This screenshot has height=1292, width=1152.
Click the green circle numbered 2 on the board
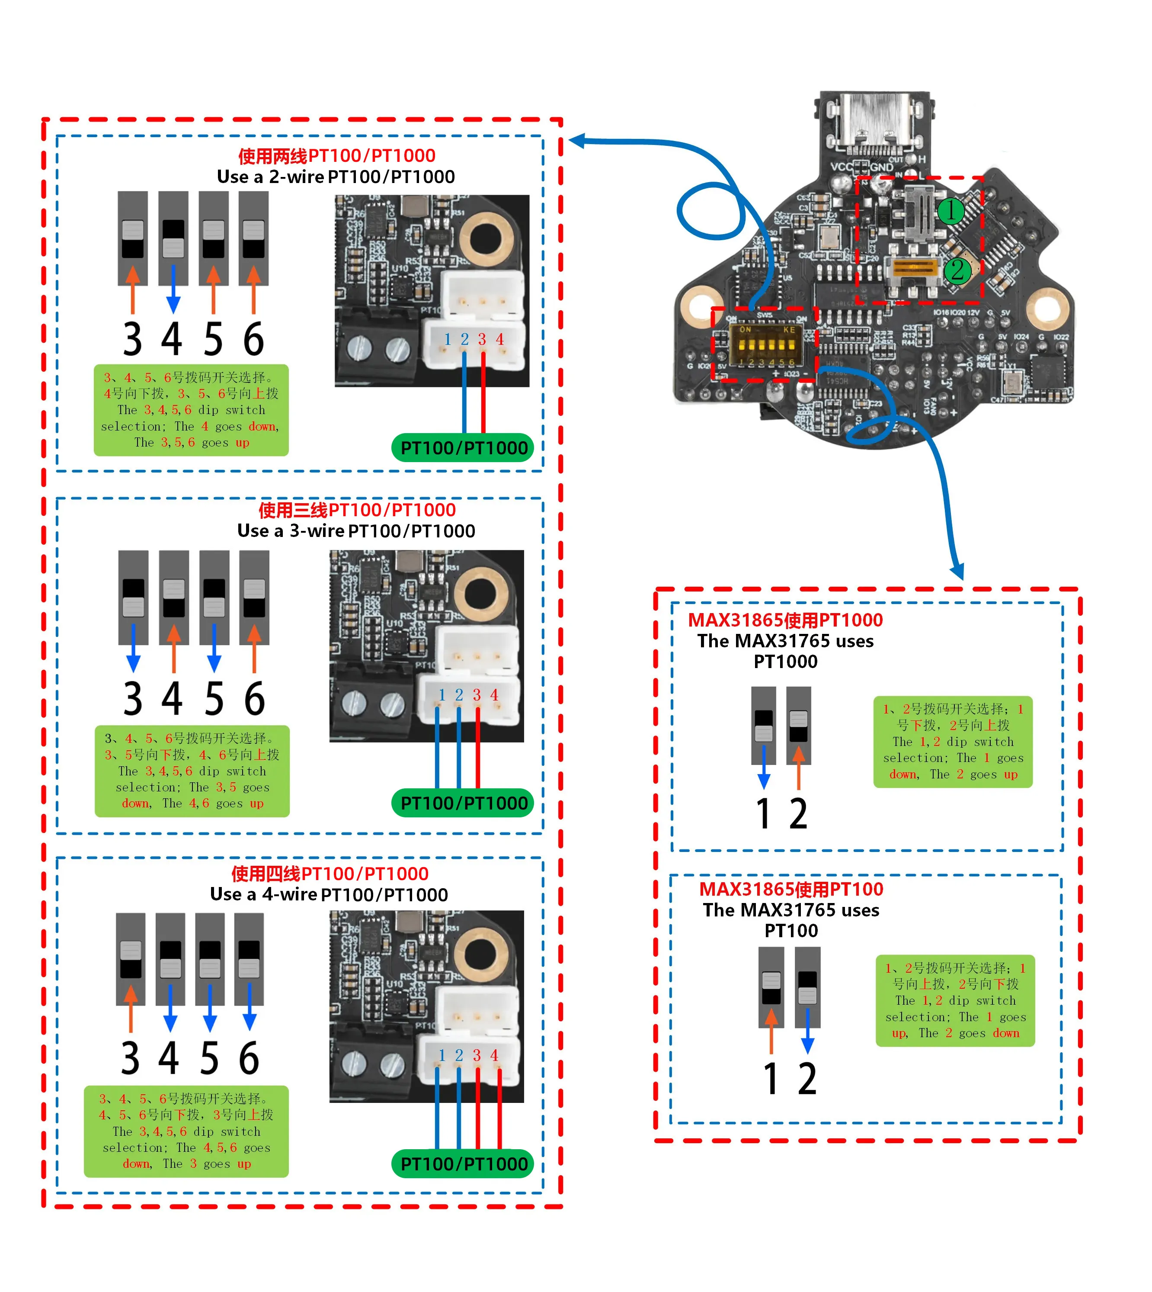click(957, 270)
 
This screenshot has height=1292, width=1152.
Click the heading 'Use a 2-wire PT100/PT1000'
click(336, 177)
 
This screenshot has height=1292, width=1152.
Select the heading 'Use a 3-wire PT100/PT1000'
click(356, 531)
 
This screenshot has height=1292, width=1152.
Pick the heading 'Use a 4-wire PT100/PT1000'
click(329, 894)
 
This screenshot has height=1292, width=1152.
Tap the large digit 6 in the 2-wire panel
click(253, 340)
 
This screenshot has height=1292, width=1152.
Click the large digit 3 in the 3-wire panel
click(133, 698)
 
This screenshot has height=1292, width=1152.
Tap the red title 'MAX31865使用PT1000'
click(785, 620)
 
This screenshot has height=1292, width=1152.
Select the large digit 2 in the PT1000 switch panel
click(798, 814)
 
